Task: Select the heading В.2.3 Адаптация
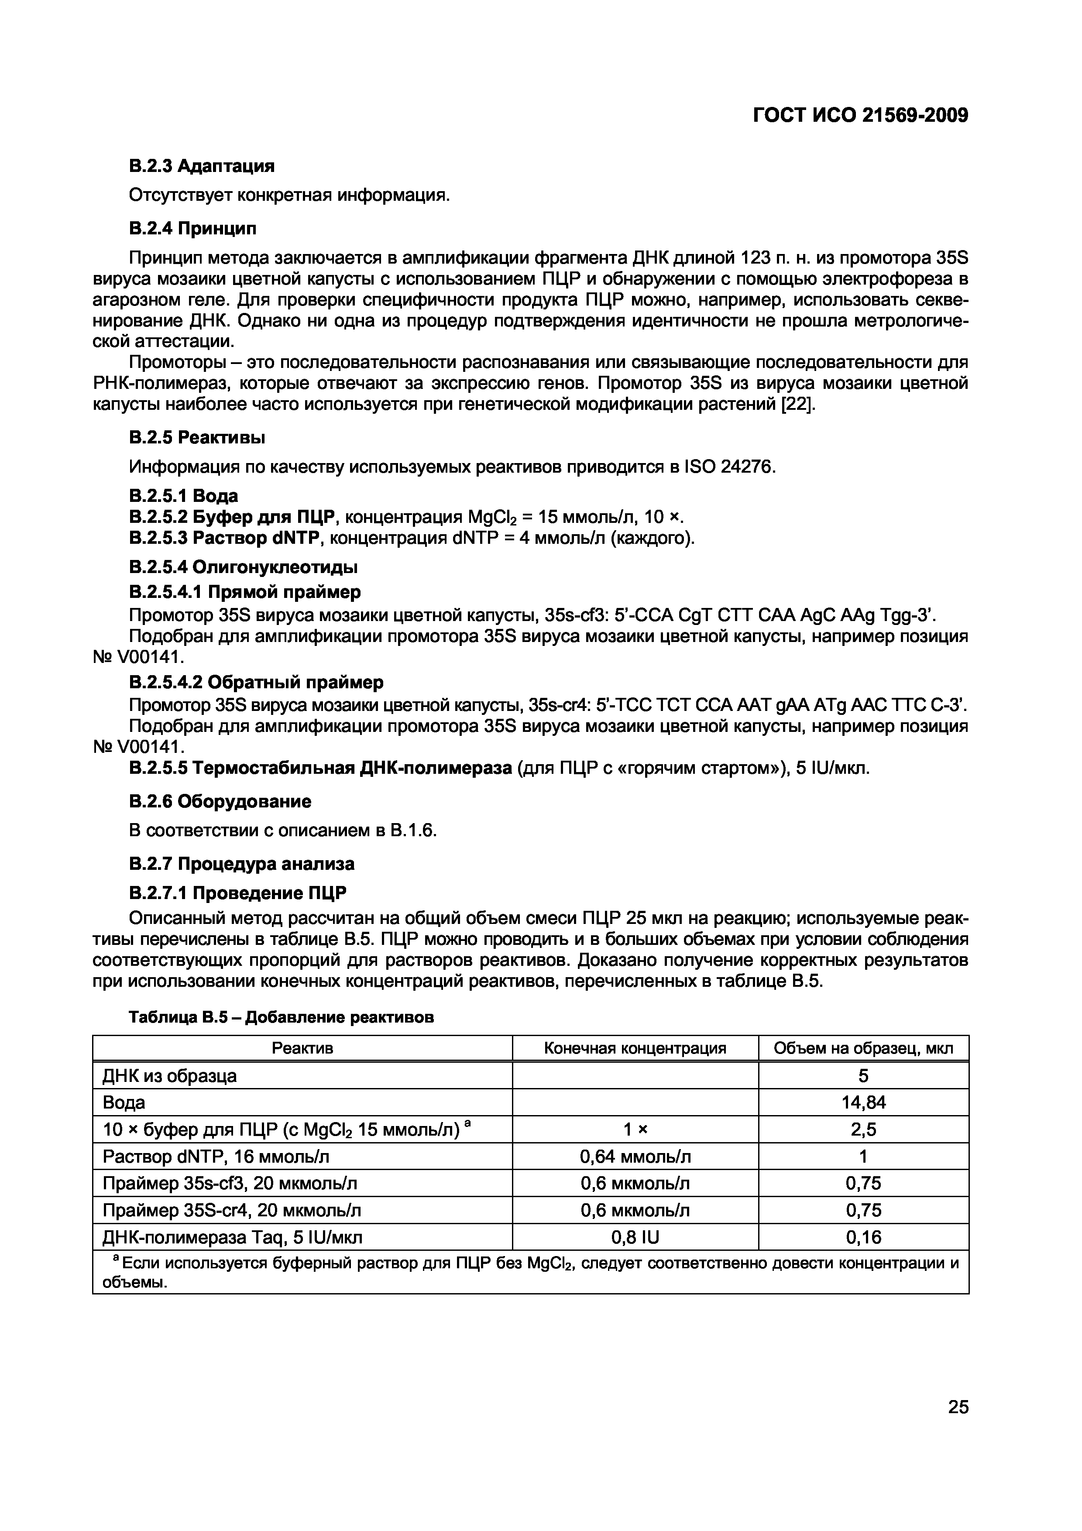(201, 165)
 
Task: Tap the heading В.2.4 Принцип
(192, 229)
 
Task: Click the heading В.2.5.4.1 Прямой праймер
(245, 592)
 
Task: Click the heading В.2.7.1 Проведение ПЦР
(237, 893)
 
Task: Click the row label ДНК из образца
(169, 1075)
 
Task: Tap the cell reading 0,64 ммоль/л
(635, 1156)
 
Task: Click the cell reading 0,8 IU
(635, 1238)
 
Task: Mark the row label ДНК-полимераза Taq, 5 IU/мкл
(232, 1238)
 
